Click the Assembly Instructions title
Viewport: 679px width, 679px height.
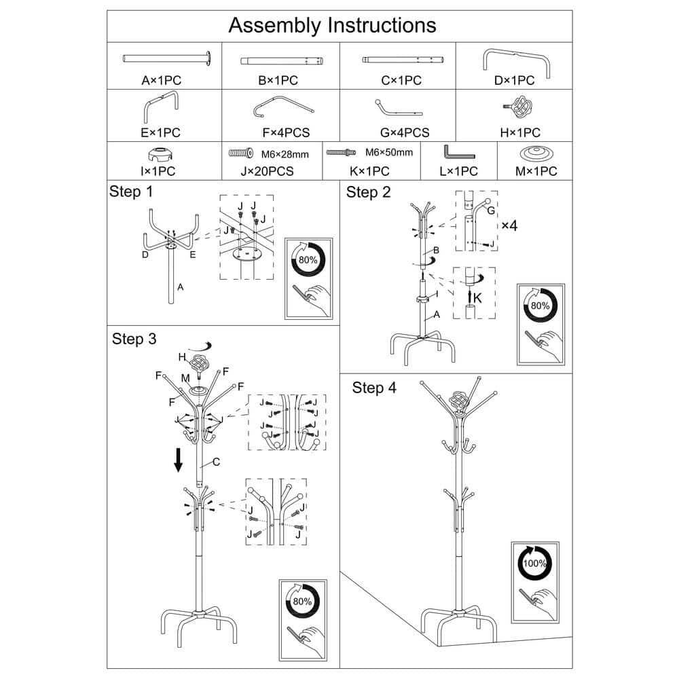pos(332,25)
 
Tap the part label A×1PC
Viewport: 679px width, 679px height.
pos(162,80)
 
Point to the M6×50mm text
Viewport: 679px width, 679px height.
pos(389,152)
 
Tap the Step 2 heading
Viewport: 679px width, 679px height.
pos(369,192)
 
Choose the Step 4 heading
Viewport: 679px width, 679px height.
pos(374,388)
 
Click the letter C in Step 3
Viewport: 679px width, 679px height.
pos(217,462)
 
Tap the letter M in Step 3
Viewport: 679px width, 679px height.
pos(185,378)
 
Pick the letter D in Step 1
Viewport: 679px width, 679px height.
pos(145,255)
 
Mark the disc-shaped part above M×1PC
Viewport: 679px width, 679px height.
pos(536,152)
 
